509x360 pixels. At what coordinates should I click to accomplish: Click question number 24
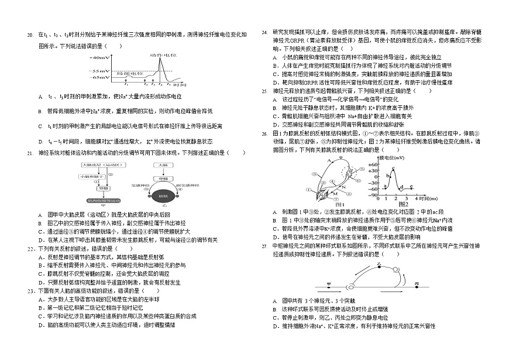point(264,32)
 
